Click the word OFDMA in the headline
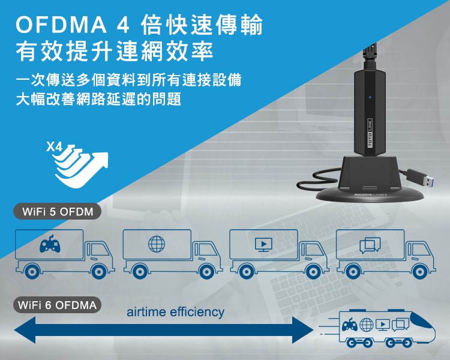[x=61, y=25]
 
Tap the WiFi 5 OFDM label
[x=58, y=212]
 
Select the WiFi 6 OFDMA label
[x=58, y=305]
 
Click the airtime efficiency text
[x=175, y=312]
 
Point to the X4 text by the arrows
[x=54, y=147]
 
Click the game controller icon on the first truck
[x=50, y=244]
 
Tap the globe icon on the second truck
[x=157, y=244]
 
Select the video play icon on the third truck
[x=263, y=245]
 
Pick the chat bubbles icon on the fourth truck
[x=370, y=245]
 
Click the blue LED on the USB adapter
[x=370, y=97]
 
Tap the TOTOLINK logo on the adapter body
[x=370, y=133]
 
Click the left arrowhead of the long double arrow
[x=25, y=329]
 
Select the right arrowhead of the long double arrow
[x=303, y=329]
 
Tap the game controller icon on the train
[x=350, y=325]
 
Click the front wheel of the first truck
[x=98, y=271]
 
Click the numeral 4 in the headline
[x=123, y=26]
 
